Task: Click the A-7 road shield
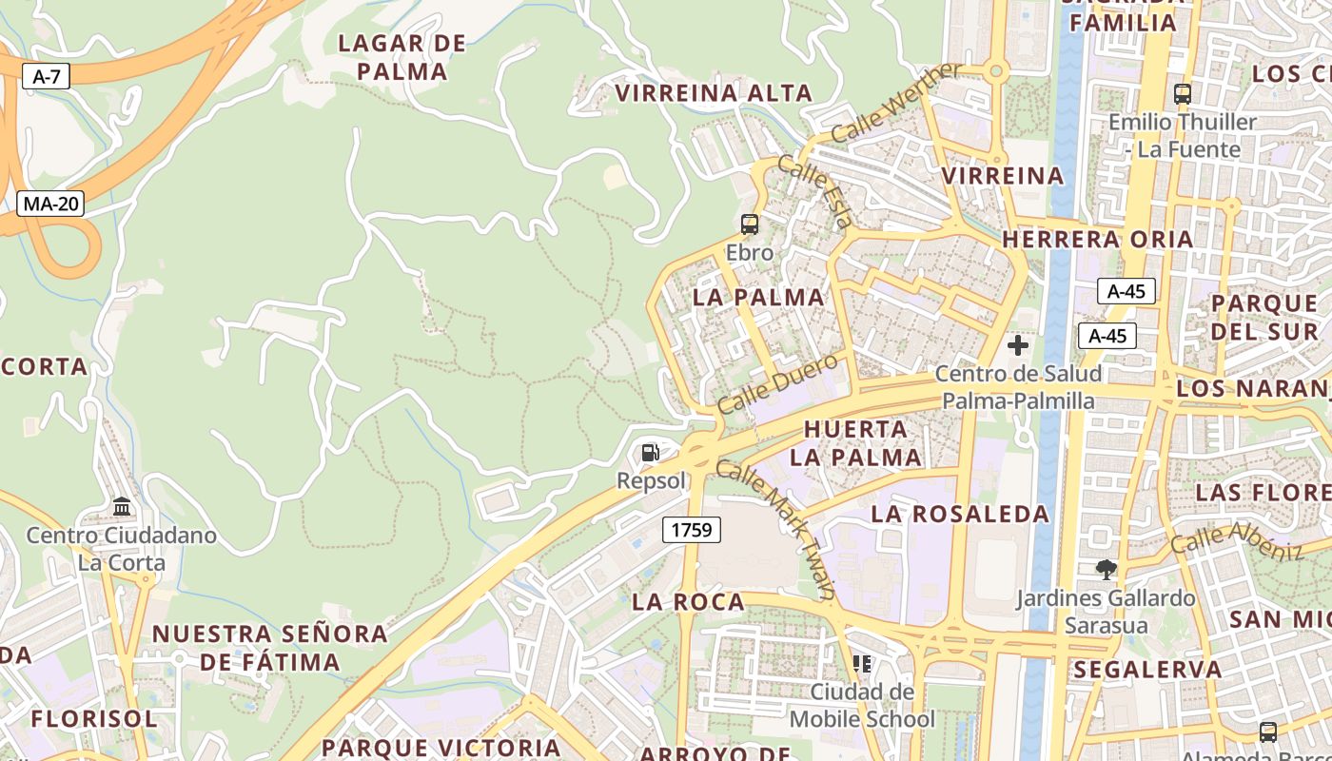coord(47,77)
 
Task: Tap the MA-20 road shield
coord(50,204)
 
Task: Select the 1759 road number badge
coord(692,530)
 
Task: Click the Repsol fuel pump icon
coord(651,453)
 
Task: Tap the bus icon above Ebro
coord(750,224)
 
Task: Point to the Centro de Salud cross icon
coord(1018,345)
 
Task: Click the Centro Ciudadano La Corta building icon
coord(122,506)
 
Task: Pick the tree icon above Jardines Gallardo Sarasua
coord(1106,570)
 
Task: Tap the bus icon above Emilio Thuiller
coord(1183,94)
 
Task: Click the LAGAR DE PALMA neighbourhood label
coord(403,57)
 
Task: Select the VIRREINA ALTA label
coord(714,93)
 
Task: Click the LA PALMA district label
coord(758,298)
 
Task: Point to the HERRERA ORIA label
coord(1097,239)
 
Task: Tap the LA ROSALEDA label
coord(960,515)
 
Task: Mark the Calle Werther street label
coord(895,103)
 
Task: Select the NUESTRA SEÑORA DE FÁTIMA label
coord(270,647)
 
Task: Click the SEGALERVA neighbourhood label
coord(1147,670)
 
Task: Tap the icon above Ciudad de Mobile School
coord(862,663)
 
